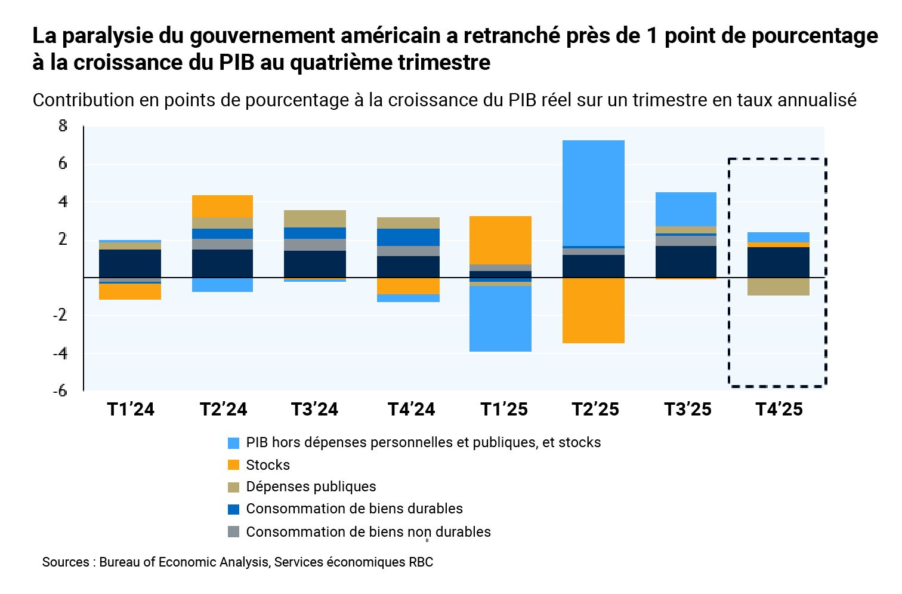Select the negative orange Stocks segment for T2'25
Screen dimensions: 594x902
tap(593, 310)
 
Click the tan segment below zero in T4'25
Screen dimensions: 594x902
tap(778, 287)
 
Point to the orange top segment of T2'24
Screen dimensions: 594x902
tap(222, 206)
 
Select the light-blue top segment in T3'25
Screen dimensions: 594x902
tap(685, 209)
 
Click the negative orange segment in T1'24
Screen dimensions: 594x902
tap(130, 291)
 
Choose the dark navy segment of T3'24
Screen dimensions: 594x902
tap(314, 264)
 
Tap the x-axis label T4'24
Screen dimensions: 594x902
tap(411, 410)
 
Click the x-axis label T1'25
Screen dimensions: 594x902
tap(504, 410)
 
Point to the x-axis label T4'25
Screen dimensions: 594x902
tap(779, 410)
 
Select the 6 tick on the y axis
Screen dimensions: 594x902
tap(63, 164)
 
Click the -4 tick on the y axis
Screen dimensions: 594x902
tap(60, 353)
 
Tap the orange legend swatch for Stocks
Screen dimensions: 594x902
tap(234, 465)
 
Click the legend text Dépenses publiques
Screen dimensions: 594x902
tap(311, 487)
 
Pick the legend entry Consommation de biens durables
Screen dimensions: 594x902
tap(354, 509)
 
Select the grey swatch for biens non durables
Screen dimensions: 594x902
tap(234, 531)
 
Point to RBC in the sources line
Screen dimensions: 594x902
tap(421, 562)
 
